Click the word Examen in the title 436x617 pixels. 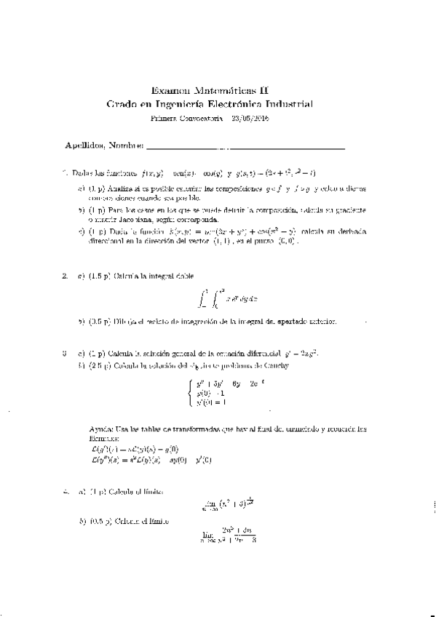168,90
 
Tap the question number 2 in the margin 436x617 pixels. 65,276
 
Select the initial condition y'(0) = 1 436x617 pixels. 207,402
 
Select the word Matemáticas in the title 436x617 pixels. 225,90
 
